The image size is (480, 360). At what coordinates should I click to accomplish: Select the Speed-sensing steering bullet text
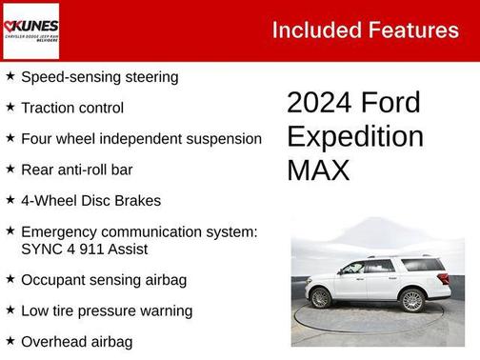(x=99, y=77)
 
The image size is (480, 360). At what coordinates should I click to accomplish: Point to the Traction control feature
(x=72, y=108)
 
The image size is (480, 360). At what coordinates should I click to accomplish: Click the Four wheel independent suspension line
(x=141, y=138)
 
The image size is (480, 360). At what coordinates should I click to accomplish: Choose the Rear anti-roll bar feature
(x=76, y=170)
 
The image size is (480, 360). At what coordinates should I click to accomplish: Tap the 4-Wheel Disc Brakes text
(x=90, y=201)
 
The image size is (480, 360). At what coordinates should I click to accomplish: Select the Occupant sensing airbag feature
(x=104, y=280)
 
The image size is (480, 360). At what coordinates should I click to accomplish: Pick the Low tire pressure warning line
(x=107, y=310)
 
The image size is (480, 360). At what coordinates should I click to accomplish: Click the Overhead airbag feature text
(x=76, y=341)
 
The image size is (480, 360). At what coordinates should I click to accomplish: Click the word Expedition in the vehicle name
(x=355, y=136)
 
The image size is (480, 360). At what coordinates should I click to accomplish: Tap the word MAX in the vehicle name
(x=319, y=170)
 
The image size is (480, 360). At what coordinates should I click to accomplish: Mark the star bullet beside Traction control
(x=10, y=108)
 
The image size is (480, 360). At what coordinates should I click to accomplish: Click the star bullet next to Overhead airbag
(x=10, y=340)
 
